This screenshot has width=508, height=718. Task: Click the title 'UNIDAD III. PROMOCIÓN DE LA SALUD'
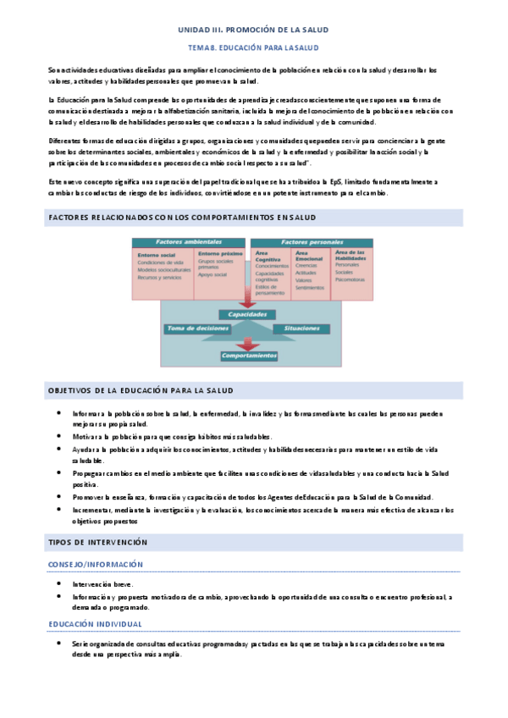pos(253,30)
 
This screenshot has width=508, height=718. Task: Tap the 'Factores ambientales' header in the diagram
pos(189,243)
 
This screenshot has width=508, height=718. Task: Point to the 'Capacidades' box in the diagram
pos(248,314)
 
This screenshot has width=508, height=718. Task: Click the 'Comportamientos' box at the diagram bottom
pos(249,356)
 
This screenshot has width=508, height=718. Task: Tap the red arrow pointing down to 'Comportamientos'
pos(248,343)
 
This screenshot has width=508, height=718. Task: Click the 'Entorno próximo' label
pos(214,253)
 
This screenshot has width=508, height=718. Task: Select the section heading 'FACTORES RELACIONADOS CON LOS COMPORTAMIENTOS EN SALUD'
pos(182,218)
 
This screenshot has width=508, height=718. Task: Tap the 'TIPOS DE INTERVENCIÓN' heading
pos(97,542)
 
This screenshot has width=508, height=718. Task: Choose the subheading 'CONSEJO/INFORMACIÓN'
pos(96,564)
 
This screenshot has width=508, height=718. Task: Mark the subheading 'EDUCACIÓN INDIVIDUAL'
pos(95,624)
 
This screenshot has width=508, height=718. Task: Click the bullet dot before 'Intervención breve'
pos(58,583)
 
